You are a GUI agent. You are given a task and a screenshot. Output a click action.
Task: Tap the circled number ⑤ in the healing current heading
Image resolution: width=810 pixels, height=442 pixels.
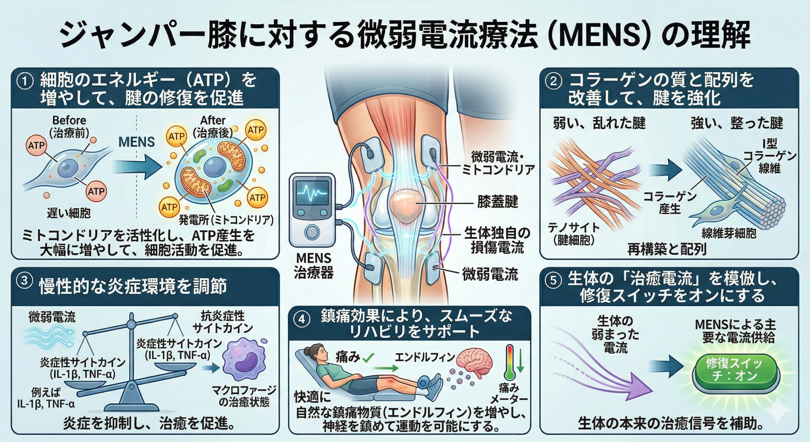[x=553, y=281]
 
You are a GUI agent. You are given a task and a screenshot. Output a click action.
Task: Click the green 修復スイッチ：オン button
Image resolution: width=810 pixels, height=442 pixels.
[x=736, y=370]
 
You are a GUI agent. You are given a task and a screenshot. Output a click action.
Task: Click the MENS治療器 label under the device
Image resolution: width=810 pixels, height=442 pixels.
[x=314, y=266]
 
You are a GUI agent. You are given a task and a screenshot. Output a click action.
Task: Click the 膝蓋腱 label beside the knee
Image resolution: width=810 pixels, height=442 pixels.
[x=498, y=202]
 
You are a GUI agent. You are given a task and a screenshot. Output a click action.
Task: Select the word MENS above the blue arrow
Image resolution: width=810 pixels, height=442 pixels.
[x=136, y=142]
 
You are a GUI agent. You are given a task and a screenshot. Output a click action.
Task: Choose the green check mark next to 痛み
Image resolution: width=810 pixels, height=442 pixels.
[x=368, y=357]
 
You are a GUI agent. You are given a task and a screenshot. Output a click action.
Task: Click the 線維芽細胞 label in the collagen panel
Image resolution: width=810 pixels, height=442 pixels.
[x=729, y=234]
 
